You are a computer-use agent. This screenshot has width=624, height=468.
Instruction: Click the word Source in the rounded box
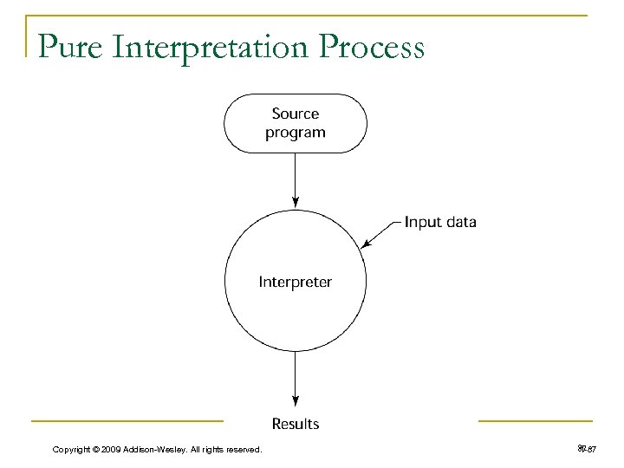point(296,114)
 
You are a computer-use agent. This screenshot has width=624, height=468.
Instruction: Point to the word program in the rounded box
point(296,133)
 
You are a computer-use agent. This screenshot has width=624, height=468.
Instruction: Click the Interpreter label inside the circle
point(296,282)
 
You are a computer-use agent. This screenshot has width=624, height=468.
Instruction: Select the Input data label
point(440,222)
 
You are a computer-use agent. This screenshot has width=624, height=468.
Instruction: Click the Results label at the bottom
point(296,424)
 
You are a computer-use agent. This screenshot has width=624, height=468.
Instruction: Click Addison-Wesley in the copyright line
point(159,448)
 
